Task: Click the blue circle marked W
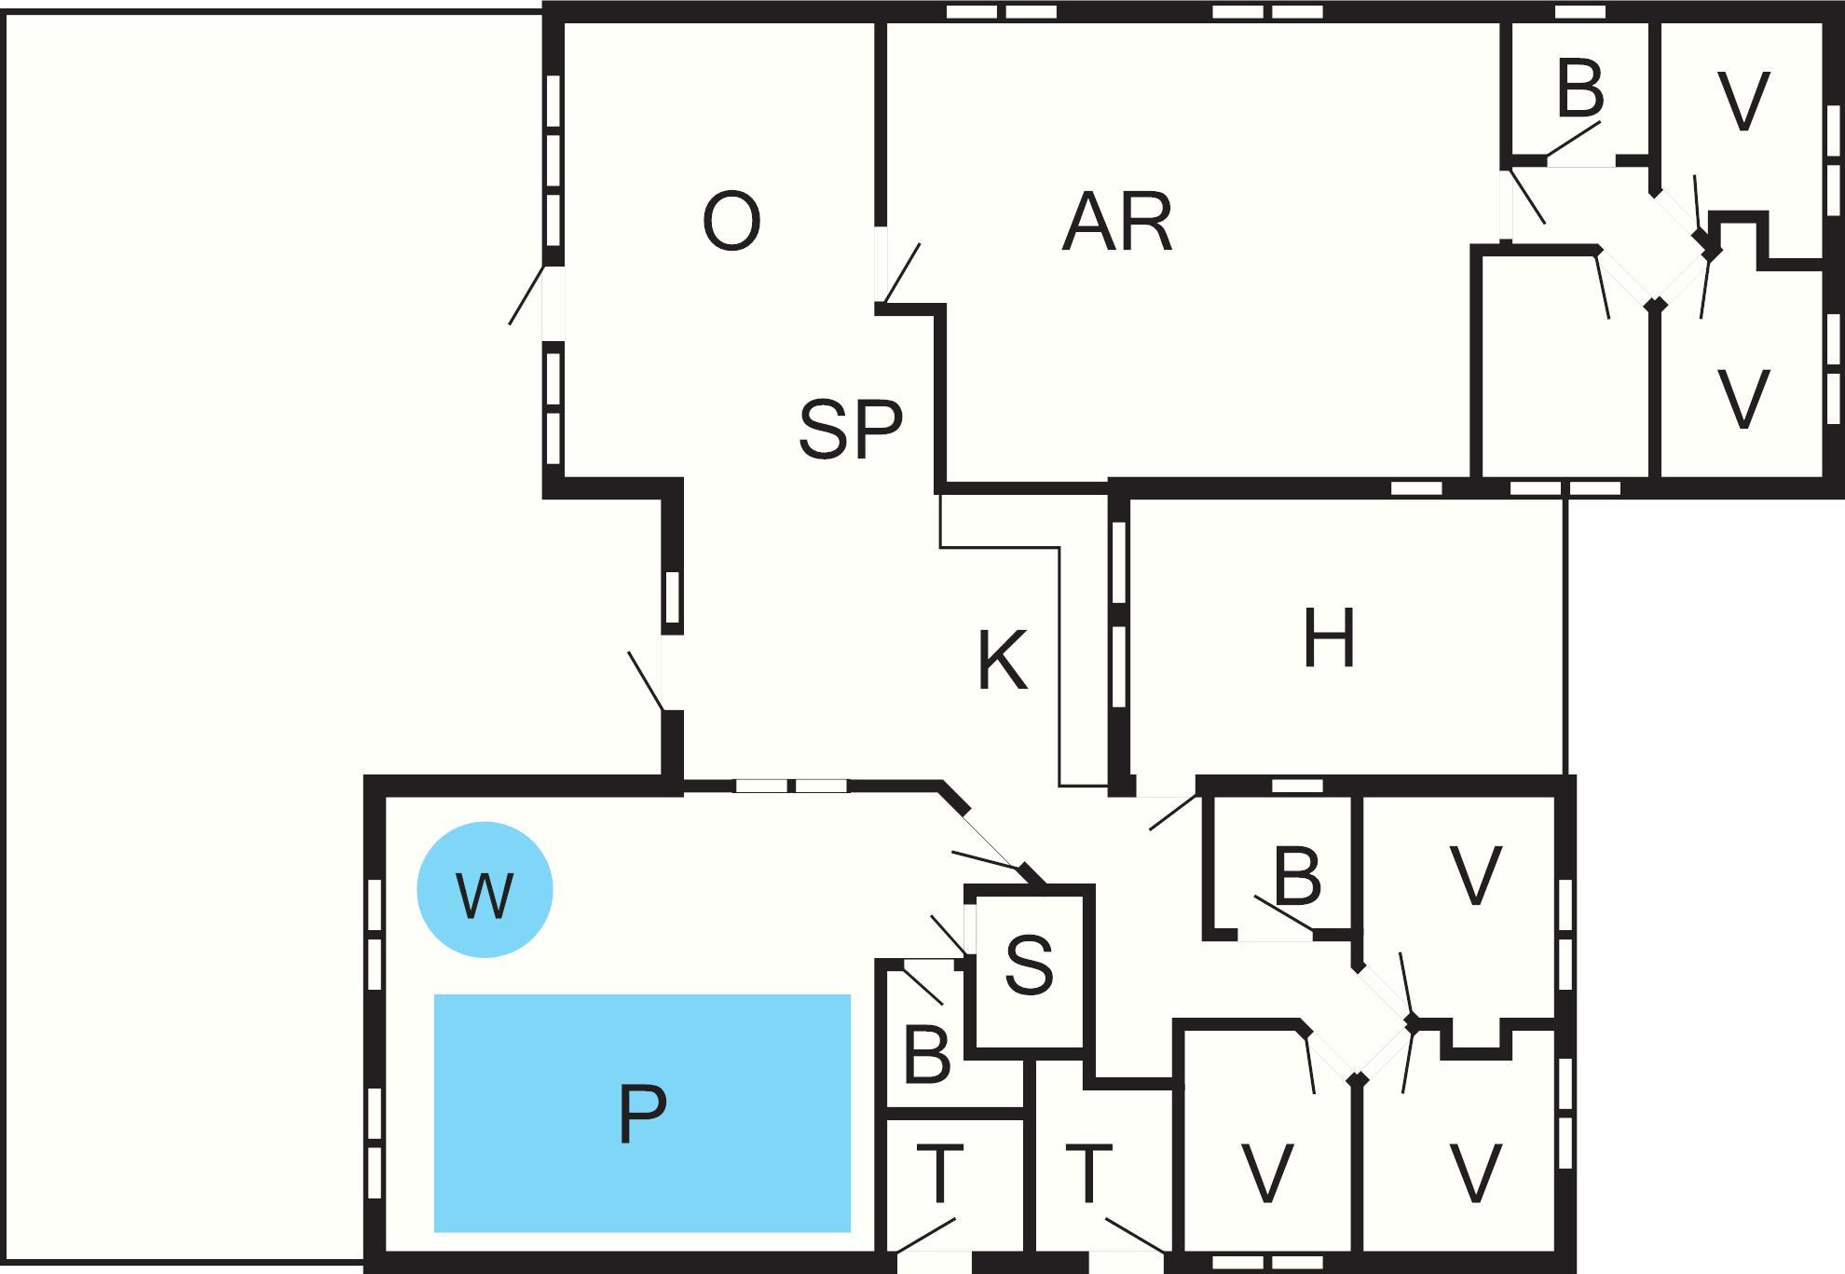tap(485, 890)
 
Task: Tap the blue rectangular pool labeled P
tap(642, 1113)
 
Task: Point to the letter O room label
tap(731, 222)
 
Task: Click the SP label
tap(850, 429)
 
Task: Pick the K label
tap(1003, 660)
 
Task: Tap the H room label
tap(1329, 639)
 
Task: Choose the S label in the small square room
tap(1029, 965)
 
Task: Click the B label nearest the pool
tap(927, 1056)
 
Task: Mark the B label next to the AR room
tap(1579, 89)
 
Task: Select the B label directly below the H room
tap(1296, 876)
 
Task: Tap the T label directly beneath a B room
tap(940, 1174)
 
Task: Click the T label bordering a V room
tap(1088, 1174)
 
